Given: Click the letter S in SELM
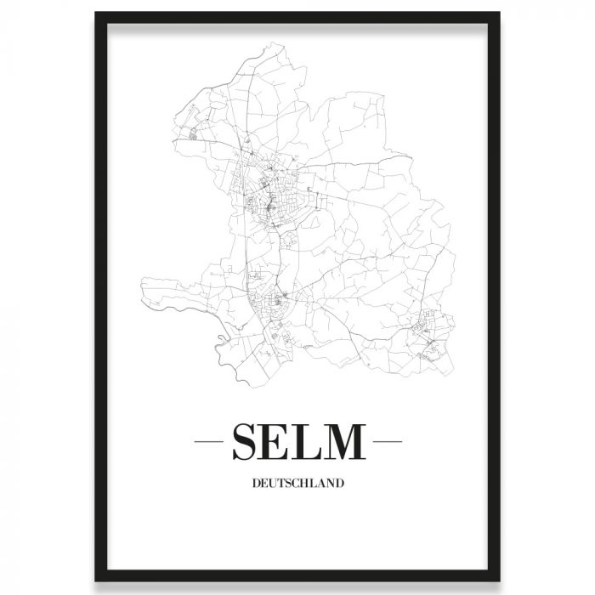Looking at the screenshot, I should [246, 442].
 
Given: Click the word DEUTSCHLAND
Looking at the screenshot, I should [297, 485].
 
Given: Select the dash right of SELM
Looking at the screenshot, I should [388, 442].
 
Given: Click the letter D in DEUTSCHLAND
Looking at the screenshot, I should [255, 485].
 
